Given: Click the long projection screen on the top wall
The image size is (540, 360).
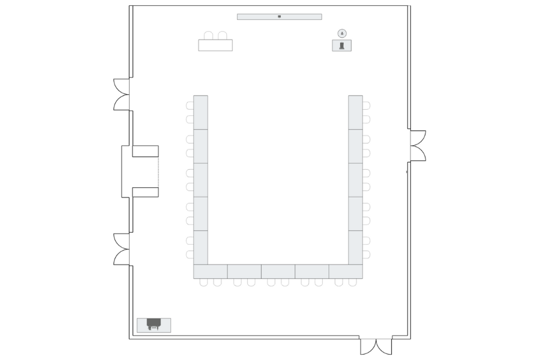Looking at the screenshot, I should tap(258, 17).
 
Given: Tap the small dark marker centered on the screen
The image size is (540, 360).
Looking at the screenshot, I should tap(279, 17).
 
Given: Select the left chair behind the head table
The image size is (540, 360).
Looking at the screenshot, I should tap(208, 35).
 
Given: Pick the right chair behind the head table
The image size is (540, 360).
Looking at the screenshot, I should tap(222, 35).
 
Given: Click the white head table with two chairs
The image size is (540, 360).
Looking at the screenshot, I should tap(215, 45).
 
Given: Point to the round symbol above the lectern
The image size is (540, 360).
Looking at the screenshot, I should tap(342, 33).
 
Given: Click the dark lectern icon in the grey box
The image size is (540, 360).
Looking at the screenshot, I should tap(342, 46).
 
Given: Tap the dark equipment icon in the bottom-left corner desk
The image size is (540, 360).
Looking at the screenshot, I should tap(154, 324).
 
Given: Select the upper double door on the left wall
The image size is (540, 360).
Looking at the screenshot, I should tap(122, 94).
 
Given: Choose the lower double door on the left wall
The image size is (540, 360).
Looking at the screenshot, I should tap(122, 249).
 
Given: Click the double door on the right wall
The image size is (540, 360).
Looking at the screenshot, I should tap(418, 146).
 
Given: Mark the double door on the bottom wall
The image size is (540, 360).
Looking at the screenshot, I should tap(376, 346).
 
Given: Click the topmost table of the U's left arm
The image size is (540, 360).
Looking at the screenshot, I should tap(200, 112).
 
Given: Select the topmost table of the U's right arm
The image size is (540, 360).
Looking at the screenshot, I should tap(355, 112).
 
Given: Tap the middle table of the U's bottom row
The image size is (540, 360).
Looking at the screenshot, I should tap(278, 271).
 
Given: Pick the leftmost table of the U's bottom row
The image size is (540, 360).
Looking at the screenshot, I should tap(210, 271).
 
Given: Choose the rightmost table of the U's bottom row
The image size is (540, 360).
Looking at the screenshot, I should tap(346, 271).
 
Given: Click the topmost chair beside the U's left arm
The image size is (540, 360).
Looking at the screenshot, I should tap(190, 106).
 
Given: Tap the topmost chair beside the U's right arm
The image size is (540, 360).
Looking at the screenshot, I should tap(366, 106).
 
